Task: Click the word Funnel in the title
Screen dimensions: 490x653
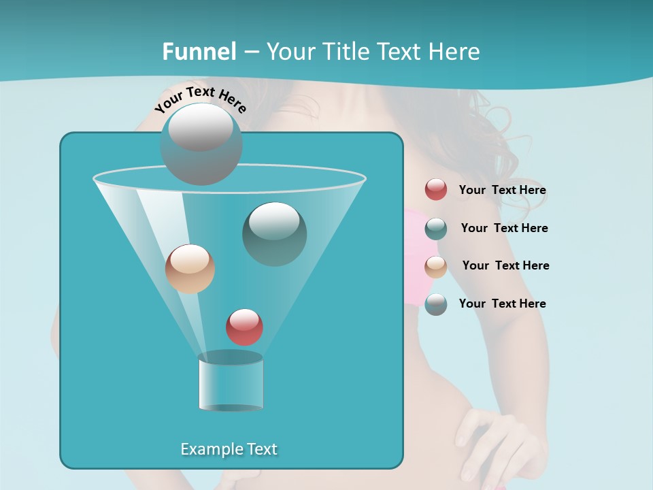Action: [x=199, y=52]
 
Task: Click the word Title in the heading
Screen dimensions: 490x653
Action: [x=346, y=52]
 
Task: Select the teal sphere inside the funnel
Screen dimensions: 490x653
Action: [x=274, y=233]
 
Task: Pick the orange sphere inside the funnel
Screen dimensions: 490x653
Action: [x=190, y=269]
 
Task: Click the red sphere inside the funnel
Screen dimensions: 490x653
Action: [x=244, y=327]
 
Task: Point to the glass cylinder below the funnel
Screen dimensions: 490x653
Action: [x=231, y=382]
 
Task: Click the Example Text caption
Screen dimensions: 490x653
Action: [x=229, y=449]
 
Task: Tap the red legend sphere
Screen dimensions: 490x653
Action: [x=436, y=190]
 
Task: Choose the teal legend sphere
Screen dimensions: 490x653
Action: [x=436, y=229]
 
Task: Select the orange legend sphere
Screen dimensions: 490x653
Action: [x=436, y=267]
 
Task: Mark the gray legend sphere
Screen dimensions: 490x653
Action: [x=436, y=304]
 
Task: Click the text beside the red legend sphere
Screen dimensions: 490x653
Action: [x=502, y=191]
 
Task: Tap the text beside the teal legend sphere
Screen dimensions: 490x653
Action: [x=504, y=228]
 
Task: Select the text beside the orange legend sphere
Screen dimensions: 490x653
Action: [x=505, y=265]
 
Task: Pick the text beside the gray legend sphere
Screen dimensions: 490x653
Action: [x=502, y=304]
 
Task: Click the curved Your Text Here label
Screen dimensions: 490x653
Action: [x=201, y=99]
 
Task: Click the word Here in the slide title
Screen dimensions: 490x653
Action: [x=451, y=52]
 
